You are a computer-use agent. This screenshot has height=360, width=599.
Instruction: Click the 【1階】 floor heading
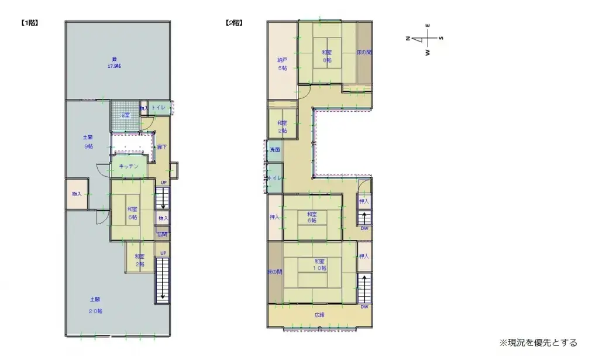pyautogui.click(x=29, y=23)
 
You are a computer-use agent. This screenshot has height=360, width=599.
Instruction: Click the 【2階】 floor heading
pyautogui.click(x=234, y=23)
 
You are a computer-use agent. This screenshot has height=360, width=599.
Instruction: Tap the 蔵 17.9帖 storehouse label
pyautogui.click(x=114, y=63)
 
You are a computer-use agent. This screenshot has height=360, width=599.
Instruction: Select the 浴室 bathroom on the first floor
pyautogui.click(x=123, y=115)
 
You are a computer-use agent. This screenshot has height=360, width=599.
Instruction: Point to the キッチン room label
pyautogui.click(x=129, y=167)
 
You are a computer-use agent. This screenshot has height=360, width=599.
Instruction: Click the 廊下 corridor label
pyautogui.click(x=162, y=147)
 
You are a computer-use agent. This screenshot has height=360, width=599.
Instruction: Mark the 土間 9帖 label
pyautogui.click(x=87, y=142)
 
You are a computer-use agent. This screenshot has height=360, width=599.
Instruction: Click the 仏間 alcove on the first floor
pyautogui.click(x=162, y=234)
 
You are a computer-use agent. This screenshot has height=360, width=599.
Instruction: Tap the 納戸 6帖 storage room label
pyautogui.click(x=282, y=64)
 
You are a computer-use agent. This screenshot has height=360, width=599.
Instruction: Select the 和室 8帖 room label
pyautogui.click(x=326, y=56)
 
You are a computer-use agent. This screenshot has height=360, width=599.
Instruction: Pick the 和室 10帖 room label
pyautogui.click(x=319, y=264)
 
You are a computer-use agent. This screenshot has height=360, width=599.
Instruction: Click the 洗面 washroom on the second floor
pyautogui.click(x=274, y=150)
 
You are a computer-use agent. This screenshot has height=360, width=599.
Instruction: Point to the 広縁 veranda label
pyautogui.click(x=319, y=315)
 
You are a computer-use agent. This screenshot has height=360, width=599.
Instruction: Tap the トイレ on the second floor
pyautogui.click(x=274, y=178)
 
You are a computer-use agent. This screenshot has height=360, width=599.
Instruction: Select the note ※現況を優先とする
pyautogui.click(x=538, y=342)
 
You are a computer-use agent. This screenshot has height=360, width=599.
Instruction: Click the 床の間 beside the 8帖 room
pyautogui.click(x=364, y=53)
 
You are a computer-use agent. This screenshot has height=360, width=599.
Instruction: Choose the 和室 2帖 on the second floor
pyautogui.click(x=282, y=126)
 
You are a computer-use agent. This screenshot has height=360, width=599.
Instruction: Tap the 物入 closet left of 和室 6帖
pyautogui.click(x=77, y=194)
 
